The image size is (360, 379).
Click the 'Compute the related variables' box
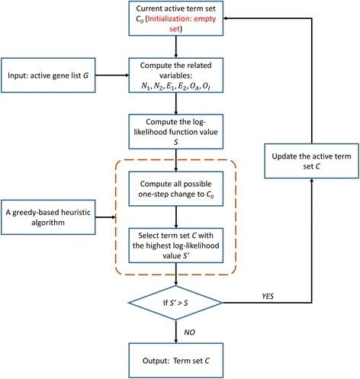point(178,75)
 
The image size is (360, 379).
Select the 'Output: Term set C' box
point(178,360)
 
